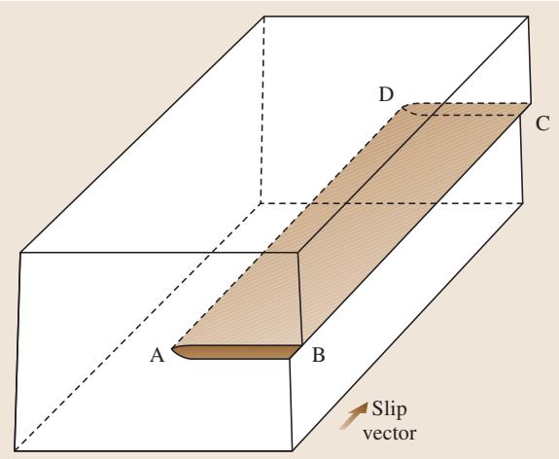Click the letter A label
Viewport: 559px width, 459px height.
tap(157, 355)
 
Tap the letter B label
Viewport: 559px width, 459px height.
tap(318, 355)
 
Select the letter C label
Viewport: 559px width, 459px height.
tap(542, 124)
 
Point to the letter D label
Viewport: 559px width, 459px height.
tap(386, 95)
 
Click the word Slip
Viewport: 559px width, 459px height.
tap(389, 409)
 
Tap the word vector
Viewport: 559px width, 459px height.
tap(389, 434)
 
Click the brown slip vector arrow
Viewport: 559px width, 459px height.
tap(355, 415)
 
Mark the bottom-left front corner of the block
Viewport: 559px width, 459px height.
tap(15, 451)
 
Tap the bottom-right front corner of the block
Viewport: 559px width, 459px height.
tap(293, 451)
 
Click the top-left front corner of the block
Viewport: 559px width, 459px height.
tap(20, 253)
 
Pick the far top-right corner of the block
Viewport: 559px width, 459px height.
tap(528, 17)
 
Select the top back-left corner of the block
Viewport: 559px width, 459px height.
tap(264, 17)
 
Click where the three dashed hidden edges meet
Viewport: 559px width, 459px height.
tap(261, 203)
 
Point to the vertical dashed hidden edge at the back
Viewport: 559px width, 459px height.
tap(262, 110)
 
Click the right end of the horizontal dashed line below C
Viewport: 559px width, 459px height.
tap(521, 115)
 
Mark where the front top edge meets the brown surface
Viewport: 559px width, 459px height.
tap(263, 253)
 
